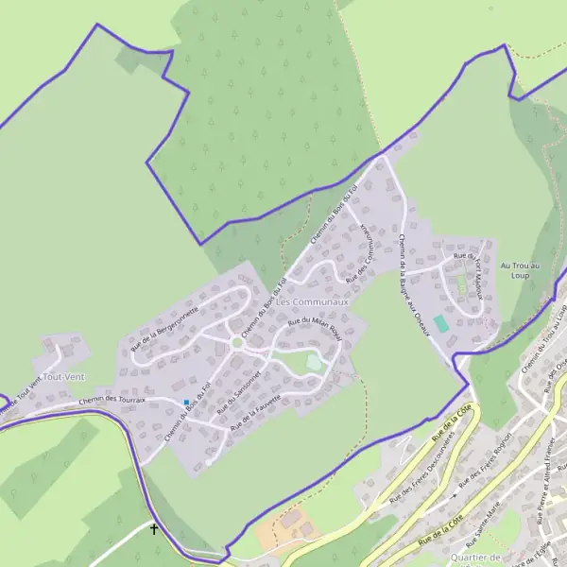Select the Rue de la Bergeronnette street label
165,325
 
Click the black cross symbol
154,530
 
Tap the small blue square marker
186,403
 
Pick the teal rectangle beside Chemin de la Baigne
441,323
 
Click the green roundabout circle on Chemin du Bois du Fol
235,342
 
